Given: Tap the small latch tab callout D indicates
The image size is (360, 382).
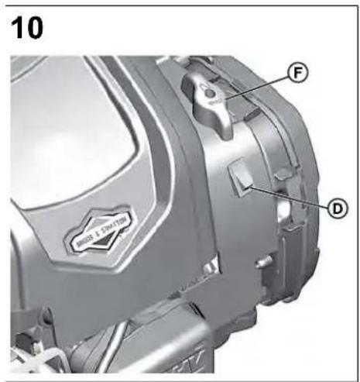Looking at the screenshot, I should tap(239, 177).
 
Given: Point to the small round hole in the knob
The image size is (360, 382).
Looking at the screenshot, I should tap(209, 94).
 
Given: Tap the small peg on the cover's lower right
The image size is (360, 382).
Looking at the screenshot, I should tap(263, 261).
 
